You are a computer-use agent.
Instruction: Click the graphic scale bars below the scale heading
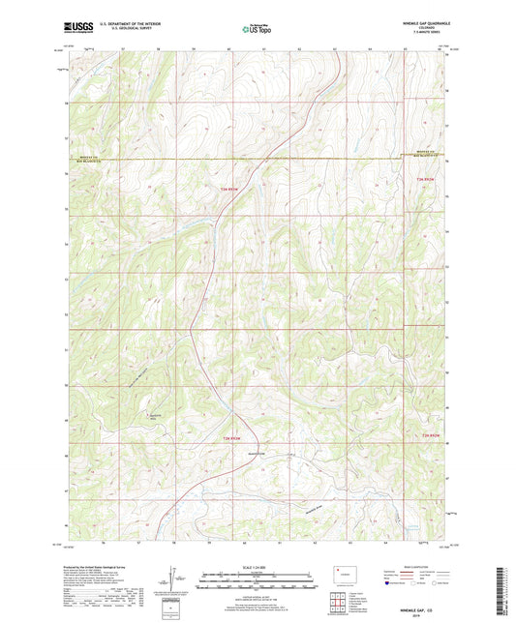[258, 582]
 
